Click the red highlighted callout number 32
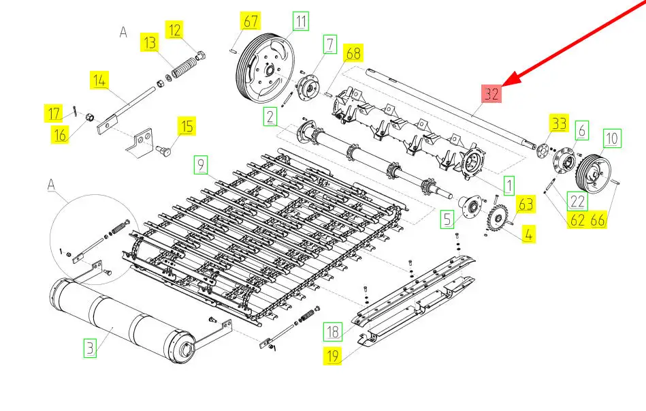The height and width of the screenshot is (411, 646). coord(491,94)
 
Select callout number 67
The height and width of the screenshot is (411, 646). coord(251,21)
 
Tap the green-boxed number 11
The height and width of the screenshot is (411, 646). coord(300,20)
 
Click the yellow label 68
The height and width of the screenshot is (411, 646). coord(353,52)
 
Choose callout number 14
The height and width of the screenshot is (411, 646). coord(99,81)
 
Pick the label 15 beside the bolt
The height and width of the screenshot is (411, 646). coord(187,125)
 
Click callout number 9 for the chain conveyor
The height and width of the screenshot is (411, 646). coord(199,164)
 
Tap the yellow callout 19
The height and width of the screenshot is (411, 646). coord(332,355)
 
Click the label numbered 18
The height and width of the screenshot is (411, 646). coord(332,332)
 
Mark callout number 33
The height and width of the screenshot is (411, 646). coord(559,124)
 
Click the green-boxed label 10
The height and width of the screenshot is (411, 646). coord(612,139)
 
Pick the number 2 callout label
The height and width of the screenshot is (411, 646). coord(271,117)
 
